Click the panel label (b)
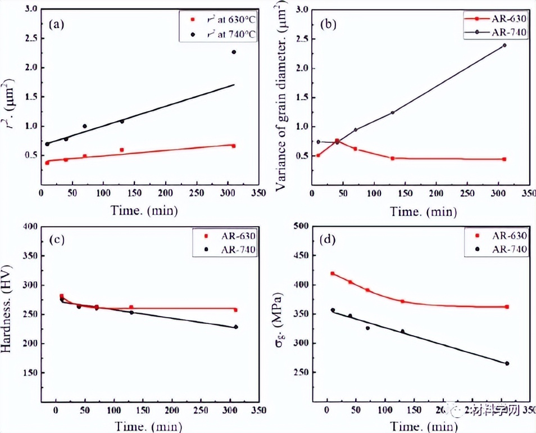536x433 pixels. click(x=328, y=24)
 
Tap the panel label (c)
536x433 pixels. click(x=56, y=240)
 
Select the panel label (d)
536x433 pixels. click(x=327, y=240)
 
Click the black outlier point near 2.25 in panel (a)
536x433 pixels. click(x=233, y=52)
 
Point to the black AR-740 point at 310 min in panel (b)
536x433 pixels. click(x=504, y=45)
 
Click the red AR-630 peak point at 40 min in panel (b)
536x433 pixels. click(x=337, y=141)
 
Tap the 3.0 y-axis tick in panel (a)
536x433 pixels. click(x=31, y=10)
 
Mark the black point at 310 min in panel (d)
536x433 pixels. click(x=507, y=363)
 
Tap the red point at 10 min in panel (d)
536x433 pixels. click(x=332, y=273)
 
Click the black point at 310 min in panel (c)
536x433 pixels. click(x=236, y=327)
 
